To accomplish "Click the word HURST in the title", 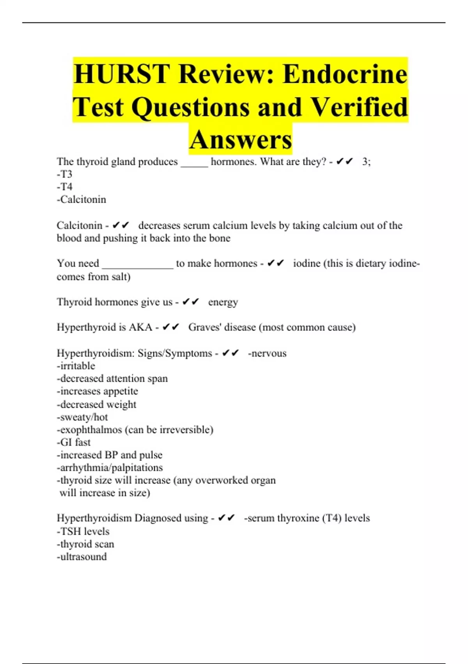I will (121, 74).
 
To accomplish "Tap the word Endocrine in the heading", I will (345, 74).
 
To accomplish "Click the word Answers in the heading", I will (241, 139).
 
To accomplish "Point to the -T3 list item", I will (65, 174).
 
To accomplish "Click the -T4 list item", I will (65, 187).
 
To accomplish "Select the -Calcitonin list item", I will (82, 200).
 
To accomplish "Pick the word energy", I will (223, 302).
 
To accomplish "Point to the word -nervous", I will (267, 353).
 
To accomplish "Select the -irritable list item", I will (76, 366).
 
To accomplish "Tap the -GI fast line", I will (74, 443).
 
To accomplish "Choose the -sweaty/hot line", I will (82, 417).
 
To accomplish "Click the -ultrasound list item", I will (82, 557).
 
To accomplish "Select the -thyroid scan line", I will (85, 544).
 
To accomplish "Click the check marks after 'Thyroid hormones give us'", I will (191, 302).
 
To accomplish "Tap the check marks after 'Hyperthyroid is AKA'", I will (170, 327).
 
